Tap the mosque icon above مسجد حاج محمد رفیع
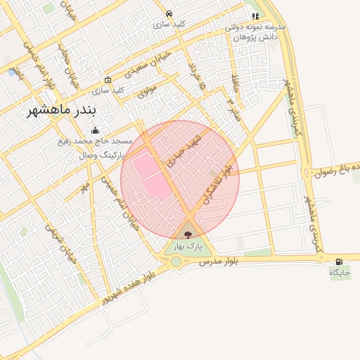point(96,130)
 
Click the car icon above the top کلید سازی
point(169,13)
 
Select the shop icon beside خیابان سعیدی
point(107,79)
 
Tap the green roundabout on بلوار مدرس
point(175,262)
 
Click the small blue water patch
point(12,72)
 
